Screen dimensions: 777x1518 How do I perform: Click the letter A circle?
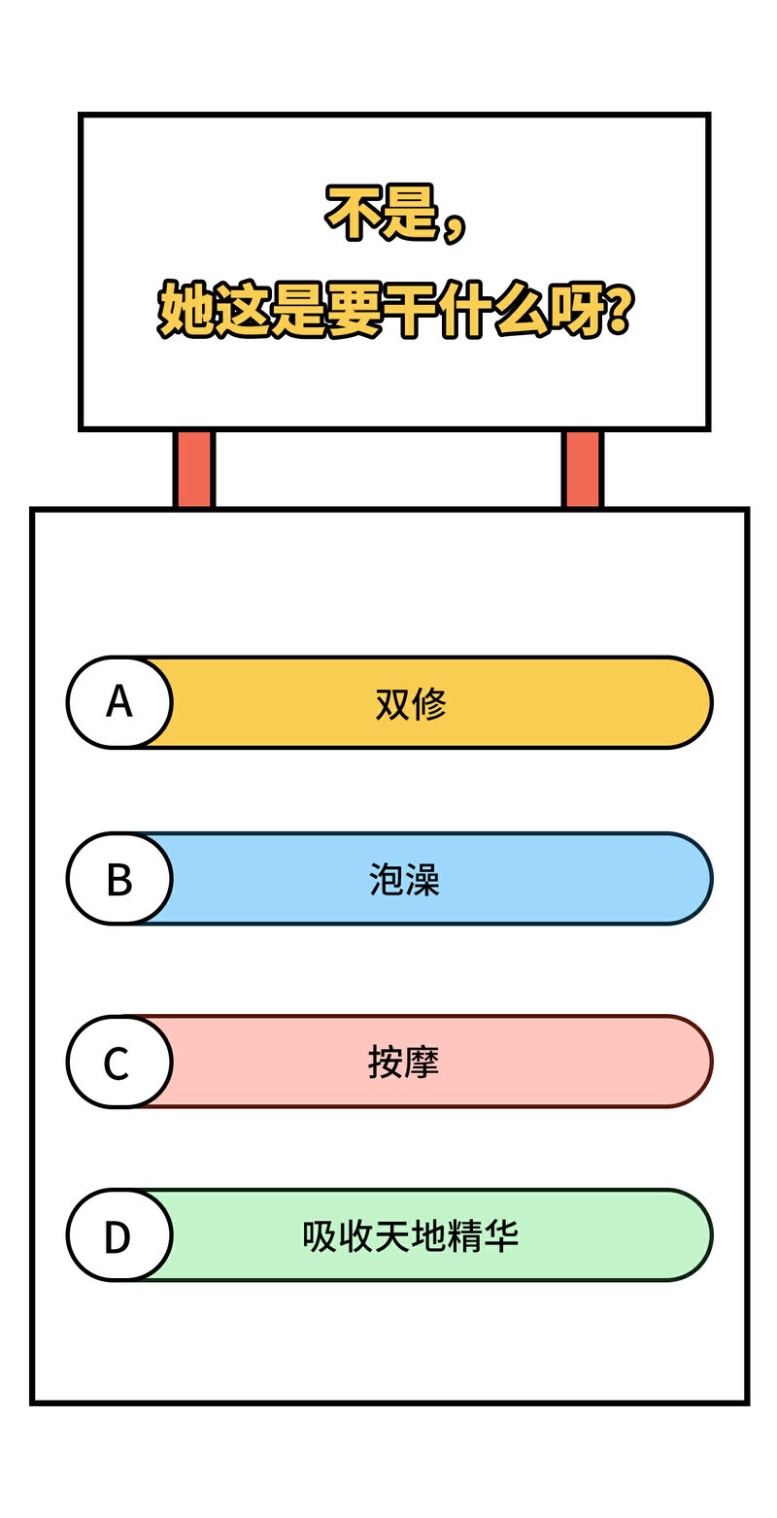click(x=119, y=702)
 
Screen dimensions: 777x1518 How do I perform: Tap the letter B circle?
click(x=119, y=878)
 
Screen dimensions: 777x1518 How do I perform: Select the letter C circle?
click(x=119, y=1062)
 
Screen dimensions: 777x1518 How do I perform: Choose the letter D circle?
click(x=119, y=1234)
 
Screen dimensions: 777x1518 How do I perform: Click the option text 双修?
click(x=411, y=703)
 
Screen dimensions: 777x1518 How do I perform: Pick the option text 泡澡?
click(x=404, y=880)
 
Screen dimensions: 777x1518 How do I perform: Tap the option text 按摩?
click(x=404, y=1062)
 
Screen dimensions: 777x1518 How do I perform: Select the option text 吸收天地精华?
click(x=411, y=1236)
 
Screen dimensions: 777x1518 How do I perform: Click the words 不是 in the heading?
click(x=382, y=212)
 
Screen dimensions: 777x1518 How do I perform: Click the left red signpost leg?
click(x=193, y=469)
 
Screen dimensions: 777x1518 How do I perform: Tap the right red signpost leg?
click(x=582, y=469)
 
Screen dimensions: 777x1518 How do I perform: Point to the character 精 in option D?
click(x=464, y=1236)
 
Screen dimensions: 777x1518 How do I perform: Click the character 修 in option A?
click(x=429, y=703)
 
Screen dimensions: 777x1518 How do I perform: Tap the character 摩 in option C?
click(x=422, y=1062)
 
